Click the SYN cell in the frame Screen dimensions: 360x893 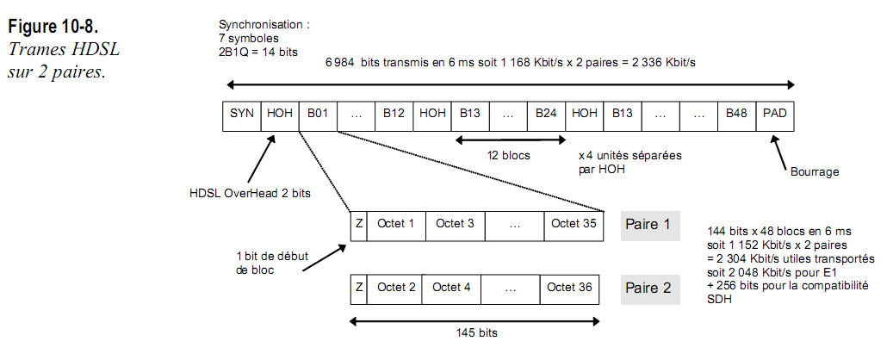pos(242,113)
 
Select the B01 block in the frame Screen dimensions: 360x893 pos(318,113)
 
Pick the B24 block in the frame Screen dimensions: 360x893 pos(546,113)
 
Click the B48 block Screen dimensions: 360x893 pos(735,113)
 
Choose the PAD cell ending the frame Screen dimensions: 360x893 pos(776,113)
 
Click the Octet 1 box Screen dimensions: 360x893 pos(396,224)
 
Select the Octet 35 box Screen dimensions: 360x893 pos(573,224)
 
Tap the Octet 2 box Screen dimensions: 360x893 pos(396,287)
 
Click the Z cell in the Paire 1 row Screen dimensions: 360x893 pos(359,224)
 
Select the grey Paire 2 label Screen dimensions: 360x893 pos(650,288)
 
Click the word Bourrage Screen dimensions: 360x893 pos(814,171)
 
